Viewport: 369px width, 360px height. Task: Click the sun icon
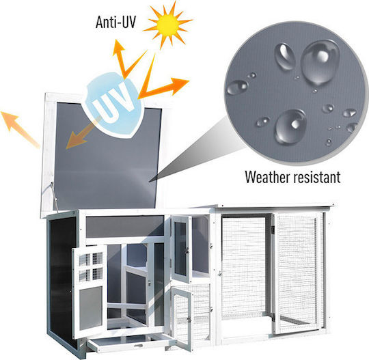click(x=167, y=25)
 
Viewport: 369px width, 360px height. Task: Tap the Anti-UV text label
click(x=115, y=23)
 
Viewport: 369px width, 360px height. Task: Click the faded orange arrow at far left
click(x=20, y=129)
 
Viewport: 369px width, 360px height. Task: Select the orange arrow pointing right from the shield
click(x=163, y=88)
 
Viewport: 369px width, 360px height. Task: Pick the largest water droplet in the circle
click(x=320, y=62)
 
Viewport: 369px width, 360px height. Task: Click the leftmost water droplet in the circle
click(x=237, y=87)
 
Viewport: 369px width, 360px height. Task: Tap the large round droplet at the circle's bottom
click(x=290, y=126)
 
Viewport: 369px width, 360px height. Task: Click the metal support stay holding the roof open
click(x=54, y=197)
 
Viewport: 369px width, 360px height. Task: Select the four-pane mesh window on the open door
click(x=91, y=267)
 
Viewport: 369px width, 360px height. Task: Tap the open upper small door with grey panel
click(x=181, y=249)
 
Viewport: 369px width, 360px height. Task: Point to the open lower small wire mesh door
click(x=182, y=318)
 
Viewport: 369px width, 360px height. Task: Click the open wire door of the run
click(x=297, y=273)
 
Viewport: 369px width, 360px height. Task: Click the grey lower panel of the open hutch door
click(x=91, y=308)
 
